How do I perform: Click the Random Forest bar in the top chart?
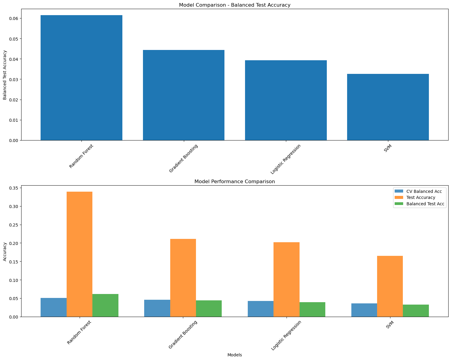(81, 78)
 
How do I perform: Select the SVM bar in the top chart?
(388, 107)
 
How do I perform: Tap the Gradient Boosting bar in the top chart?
(184, 95)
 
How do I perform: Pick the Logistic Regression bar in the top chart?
(286, 100)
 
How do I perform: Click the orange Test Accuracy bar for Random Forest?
(79, 254)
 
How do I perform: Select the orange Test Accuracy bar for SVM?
(390, 286)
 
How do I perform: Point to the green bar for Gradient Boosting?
(209, 309)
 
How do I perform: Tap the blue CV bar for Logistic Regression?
(260, 309)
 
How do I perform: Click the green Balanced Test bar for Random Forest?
(105, 305)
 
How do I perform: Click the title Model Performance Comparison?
(234, 182)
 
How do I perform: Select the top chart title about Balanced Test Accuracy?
(234, 5)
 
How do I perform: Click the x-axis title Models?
(234, 355)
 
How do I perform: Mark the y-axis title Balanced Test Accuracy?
(5, 75)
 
